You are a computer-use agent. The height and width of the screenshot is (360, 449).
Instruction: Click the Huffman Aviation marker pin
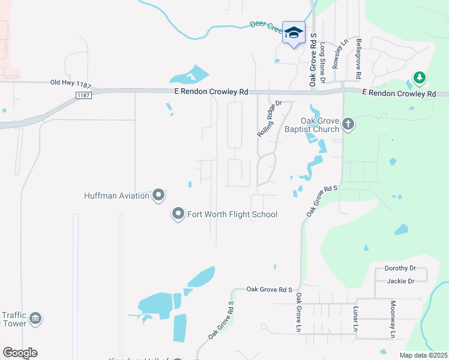(x=158, y=196)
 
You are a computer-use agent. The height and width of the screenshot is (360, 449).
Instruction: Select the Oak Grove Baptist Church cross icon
(x=348, y=125)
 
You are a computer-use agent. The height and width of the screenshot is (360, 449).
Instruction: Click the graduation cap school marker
(x=294, y=33)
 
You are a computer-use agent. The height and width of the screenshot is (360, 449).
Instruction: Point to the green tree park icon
(x=419, y=78)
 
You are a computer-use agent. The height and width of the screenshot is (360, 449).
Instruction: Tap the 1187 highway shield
(x=83, y=95)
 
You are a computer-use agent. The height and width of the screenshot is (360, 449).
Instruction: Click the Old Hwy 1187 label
(x=69, y=83)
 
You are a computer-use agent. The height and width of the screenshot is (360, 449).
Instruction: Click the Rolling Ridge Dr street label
(x=270, y=118)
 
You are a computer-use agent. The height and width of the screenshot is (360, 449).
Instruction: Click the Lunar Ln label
(x=355, y=318)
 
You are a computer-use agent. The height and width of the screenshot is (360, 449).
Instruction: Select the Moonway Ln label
(x=394, y=319)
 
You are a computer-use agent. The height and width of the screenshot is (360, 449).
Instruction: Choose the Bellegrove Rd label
(x=358, y=59)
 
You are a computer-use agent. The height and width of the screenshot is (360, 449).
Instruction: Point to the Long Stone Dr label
(x=323, y=62)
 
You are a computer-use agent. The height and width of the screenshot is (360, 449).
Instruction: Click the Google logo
(x=20, y=353)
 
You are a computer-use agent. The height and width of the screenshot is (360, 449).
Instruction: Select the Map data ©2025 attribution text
(x=423, y=355)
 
